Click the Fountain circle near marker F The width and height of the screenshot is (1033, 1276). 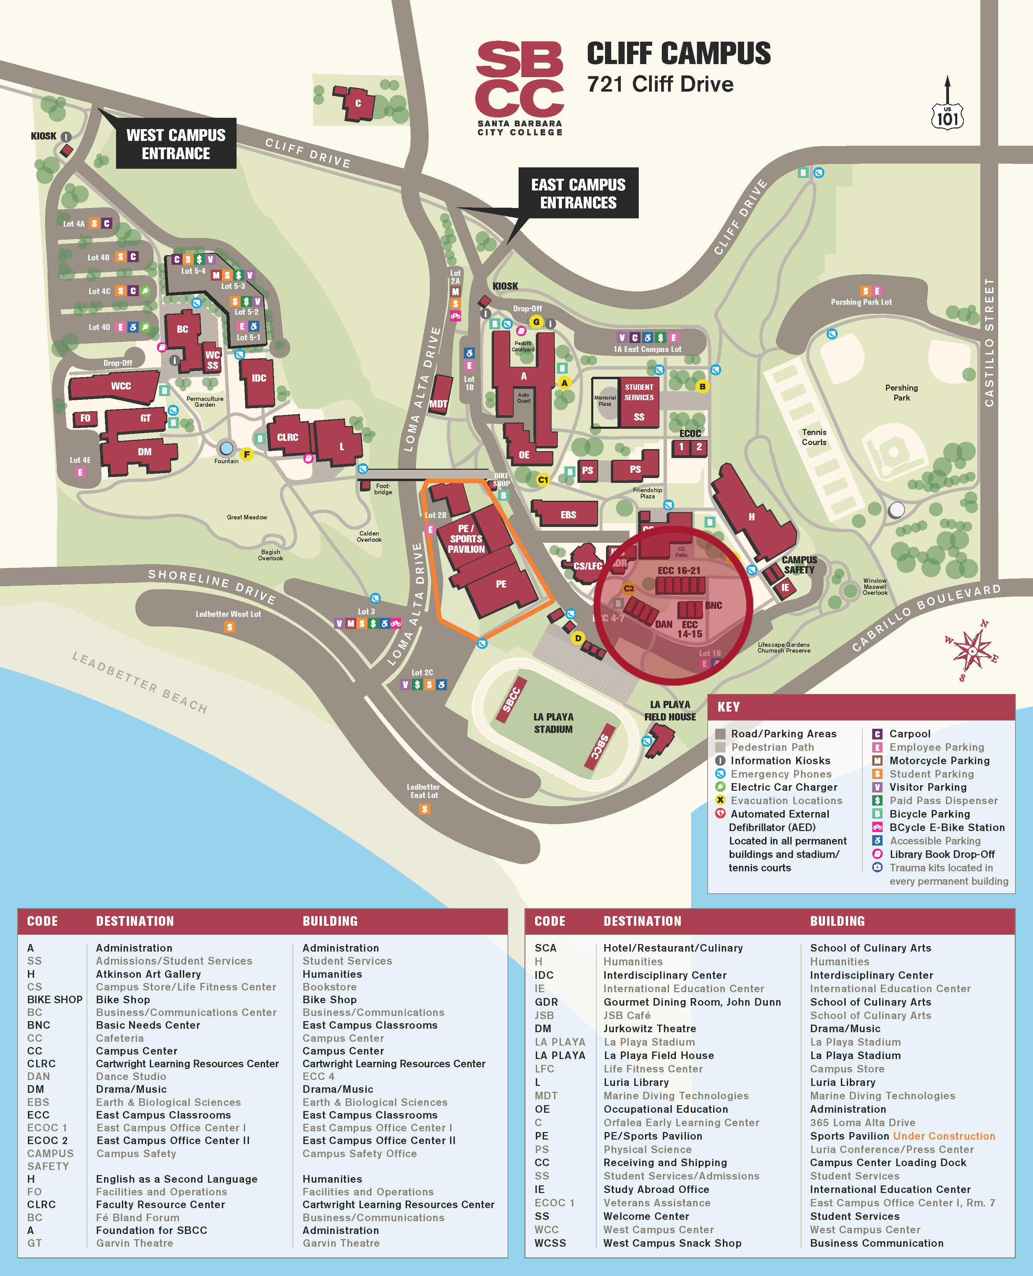226,448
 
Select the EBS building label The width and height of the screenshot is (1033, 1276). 568,515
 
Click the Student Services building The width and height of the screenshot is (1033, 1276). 639,401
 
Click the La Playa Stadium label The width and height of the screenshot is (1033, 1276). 553,723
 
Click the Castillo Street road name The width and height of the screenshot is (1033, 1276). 989,342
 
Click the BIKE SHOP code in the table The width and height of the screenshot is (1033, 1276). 55,999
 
